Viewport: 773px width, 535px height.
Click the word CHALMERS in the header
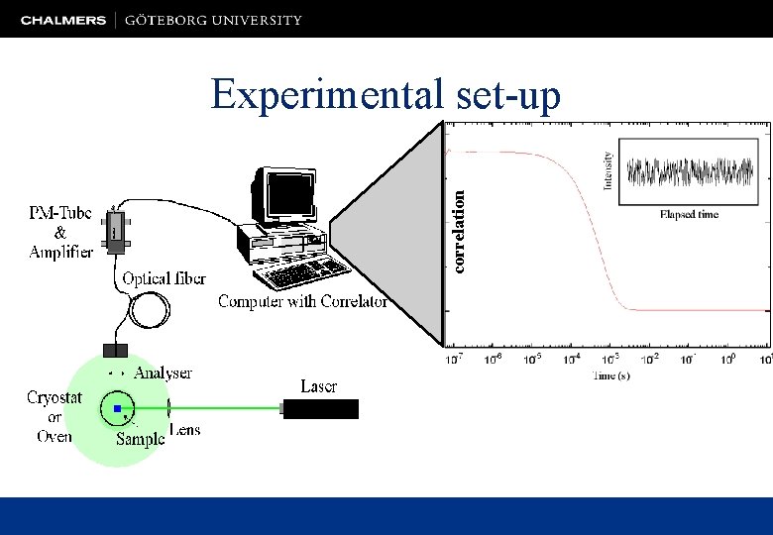point(62,20)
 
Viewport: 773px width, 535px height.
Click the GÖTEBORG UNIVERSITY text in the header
point(213,20)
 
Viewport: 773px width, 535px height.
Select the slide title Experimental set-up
point(386,95)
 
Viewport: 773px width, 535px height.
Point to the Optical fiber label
point(164,278)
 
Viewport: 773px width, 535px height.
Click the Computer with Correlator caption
point(302,301)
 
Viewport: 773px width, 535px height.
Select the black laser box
point(321,408)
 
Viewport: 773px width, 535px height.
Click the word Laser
point(319,386)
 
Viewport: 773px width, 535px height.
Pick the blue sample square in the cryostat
point(117,408)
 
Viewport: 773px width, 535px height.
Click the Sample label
point(140,439)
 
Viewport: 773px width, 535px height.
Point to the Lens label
point(185,430)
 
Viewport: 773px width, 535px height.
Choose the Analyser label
point(163,374)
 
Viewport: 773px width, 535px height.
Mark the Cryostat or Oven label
point(55,416)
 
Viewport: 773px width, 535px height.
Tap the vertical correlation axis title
point(459,231)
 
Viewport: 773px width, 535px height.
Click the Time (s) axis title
point(610,375)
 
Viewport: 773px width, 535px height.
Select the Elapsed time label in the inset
point(689,214)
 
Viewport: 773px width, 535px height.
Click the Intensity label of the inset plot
point(607,169)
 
